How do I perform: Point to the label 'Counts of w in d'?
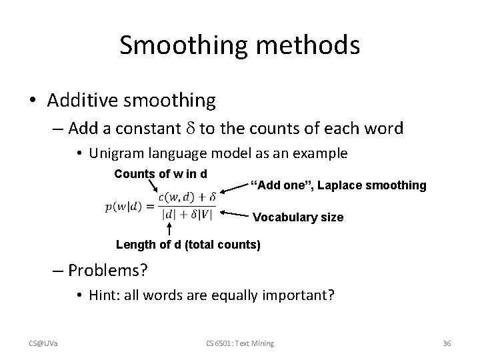(160, 174)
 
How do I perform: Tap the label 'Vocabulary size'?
(298, 217)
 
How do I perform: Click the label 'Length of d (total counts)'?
(188, 245)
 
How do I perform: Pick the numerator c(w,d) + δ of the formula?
(187, 196)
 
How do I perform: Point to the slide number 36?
(447, 343)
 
